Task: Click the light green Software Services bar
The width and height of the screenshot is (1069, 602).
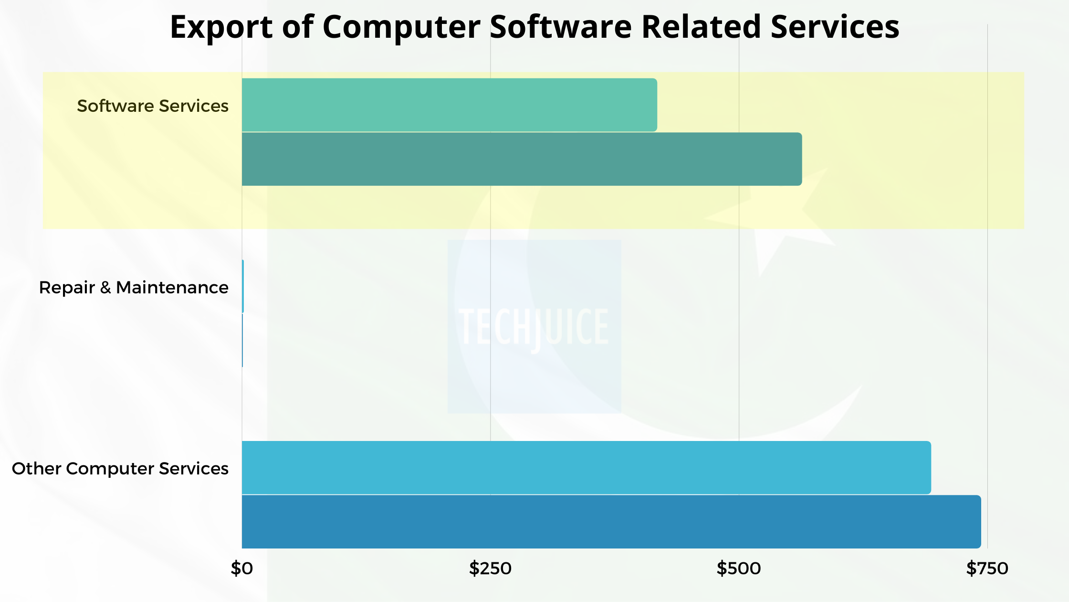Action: [x=449, y=105]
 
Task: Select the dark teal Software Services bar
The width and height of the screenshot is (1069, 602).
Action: [x=521, y=159]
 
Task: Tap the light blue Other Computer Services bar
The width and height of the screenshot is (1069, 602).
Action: [x=586, y=467]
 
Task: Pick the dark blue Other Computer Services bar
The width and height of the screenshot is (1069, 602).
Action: [x=611, y=522]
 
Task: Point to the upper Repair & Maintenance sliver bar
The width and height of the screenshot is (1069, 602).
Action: [x=243, y=286]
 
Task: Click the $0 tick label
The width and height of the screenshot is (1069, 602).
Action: [x=241, y=569]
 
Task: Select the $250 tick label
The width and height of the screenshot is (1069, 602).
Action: [x=490, y=569]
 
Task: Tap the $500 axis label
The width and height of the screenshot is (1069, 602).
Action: [x=738, y=569]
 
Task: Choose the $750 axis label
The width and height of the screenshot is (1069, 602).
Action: [x=987, y=569]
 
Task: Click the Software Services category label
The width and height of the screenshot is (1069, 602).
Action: [x=153, y=106]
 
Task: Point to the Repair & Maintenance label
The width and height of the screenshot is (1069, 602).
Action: [x=134, y=288]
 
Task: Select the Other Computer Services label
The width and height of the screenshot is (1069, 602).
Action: [x=120, y=469]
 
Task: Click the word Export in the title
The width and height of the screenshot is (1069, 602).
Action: [x=221, y=27]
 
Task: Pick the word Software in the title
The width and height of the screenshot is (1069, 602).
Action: [x=561, y=27]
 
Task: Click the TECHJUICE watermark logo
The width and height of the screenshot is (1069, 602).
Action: [x=534, y=327]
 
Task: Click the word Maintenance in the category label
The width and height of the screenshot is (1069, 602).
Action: [x=172, y=288]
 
